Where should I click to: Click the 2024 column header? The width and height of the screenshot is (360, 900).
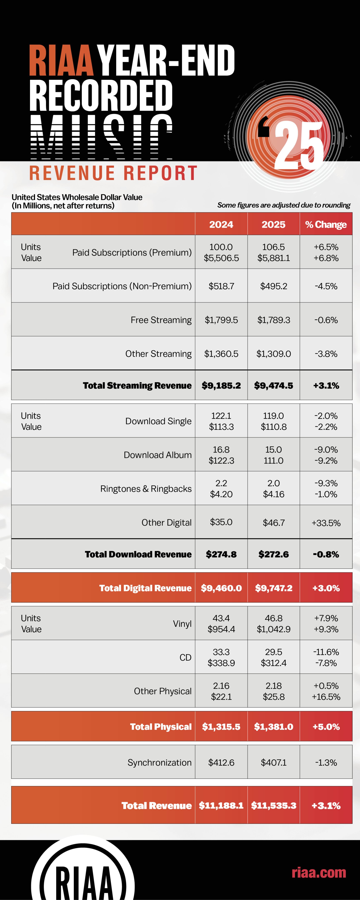pos(221,224)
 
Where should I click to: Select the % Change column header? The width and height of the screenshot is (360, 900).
pos(326,224)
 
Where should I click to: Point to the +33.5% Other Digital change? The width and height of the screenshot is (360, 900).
pos(326,523)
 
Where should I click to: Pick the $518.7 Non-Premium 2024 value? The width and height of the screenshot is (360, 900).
pos(221,286)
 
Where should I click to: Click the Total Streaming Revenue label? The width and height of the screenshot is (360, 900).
pos(137,385)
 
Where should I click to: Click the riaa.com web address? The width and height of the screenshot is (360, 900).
pos(319,872)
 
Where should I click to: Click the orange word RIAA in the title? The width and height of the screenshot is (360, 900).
pos(61,60)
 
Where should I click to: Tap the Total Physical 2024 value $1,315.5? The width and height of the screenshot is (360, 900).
pos(221,727)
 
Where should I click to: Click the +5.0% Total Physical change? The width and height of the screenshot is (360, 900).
pos(326,727)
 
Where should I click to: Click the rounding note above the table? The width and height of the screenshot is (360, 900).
pos(284,205)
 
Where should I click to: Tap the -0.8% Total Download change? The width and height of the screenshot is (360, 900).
pos(326,554)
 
